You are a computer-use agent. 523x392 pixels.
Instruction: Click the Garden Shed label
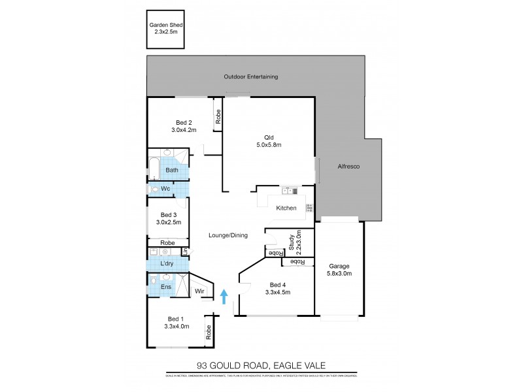(164, 27)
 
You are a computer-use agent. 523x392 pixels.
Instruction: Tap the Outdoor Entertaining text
(251, 76)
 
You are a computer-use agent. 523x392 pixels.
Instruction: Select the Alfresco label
(349, 167)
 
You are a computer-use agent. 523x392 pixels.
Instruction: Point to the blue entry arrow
(224, 298)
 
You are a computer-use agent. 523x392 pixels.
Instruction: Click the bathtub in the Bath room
(153, 169)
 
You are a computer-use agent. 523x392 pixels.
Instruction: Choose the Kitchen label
(286, 208)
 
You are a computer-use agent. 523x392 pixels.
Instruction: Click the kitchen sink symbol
(288, 191)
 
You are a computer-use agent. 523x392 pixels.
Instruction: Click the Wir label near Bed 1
(199, 291)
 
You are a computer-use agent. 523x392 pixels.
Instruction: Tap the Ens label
(166, 287)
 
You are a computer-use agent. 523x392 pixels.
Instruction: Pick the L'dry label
(167, 264)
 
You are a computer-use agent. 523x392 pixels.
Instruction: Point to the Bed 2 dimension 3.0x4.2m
(184, 130)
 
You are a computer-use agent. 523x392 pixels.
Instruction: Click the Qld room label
(268, 137)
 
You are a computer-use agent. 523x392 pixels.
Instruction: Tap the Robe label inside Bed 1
(209, 333)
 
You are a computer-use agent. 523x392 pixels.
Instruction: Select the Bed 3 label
(169, 214)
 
